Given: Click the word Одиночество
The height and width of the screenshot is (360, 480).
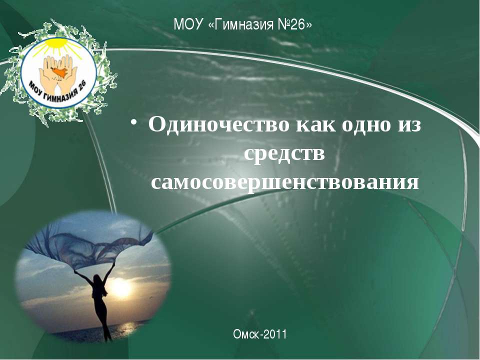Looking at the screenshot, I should [x=218, y=124].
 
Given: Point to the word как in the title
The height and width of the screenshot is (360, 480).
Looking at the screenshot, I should [x=314, y=124].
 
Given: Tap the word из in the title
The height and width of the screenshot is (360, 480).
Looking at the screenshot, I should [x=409, y=124].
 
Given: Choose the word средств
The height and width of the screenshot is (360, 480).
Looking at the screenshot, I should [x=284, y=153].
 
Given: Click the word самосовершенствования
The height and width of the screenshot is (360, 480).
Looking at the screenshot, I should [x=284, y=182].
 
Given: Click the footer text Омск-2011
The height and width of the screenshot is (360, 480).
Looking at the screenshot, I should [x=259, y=334].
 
